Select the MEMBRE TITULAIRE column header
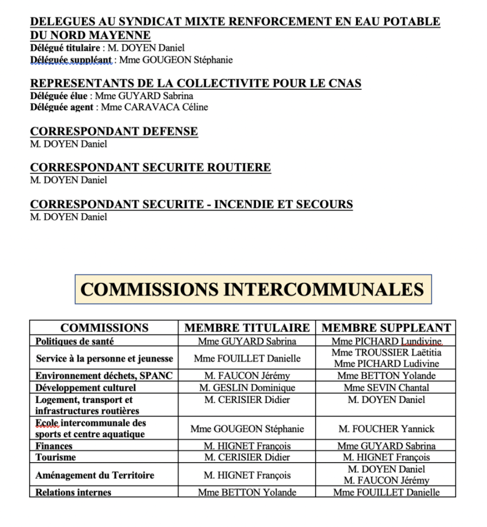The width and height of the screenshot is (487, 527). click(247, 328)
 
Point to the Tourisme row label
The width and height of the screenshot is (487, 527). click(56, 457)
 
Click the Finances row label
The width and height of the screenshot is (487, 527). click(54, 446)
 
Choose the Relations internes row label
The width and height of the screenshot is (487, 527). click(73, 492)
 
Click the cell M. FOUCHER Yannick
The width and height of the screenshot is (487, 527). click(386, 429)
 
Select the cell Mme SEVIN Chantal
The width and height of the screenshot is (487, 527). click(386, 387)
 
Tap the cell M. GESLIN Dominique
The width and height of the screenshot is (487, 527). click(247, 387)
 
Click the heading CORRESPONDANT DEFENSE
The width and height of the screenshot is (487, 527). click(114, 131)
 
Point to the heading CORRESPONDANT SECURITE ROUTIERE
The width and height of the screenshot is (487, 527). click(150, 168)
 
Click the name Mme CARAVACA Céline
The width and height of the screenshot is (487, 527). click(154, 107)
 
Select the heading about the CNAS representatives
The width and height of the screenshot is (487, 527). click(196, 83)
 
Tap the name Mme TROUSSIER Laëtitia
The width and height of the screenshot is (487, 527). click(386, 352)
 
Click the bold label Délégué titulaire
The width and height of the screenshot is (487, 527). click(65, 48)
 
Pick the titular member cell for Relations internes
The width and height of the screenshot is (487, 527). click(247, 492)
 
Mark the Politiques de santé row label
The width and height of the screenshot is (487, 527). click(75, 341)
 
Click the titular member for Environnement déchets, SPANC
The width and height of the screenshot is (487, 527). click(247, 376)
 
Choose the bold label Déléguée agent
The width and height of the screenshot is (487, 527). click(63, 107)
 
